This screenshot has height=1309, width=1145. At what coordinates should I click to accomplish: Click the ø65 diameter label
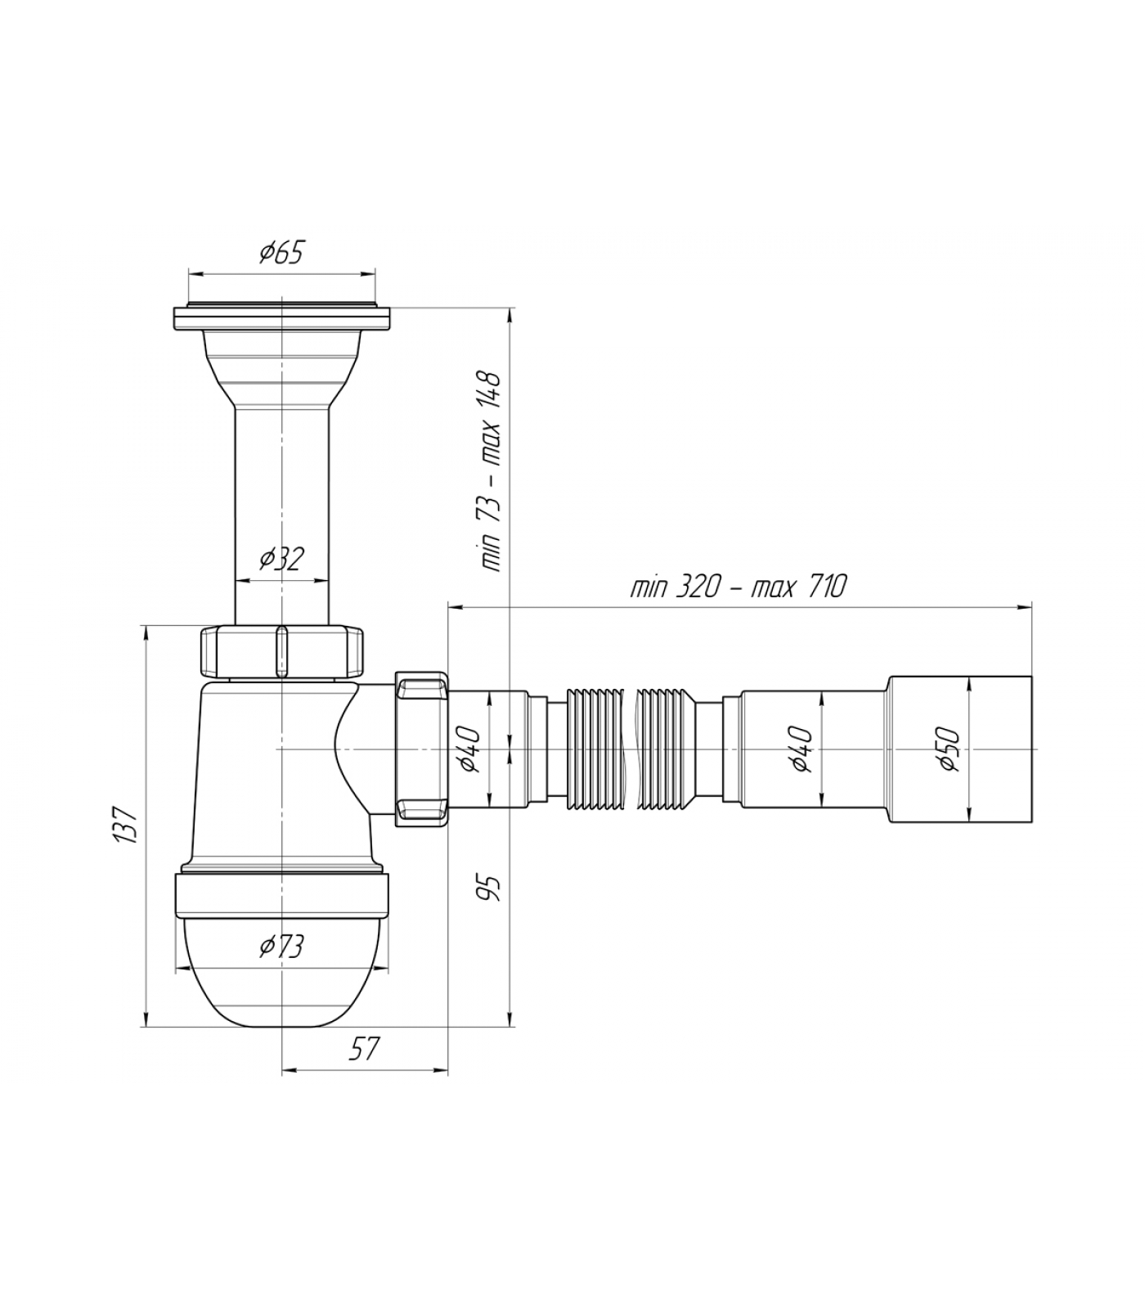[x=281, y=253]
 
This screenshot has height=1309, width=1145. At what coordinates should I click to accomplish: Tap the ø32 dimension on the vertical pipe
[x=282, y=559]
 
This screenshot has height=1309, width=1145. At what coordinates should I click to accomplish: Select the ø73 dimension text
[x=281, y=947]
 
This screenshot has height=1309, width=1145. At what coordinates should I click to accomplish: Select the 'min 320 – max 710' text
[x=739, y=587]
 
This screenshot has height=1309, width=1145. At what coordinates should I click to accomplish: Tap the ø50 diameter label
[x=949, y=749]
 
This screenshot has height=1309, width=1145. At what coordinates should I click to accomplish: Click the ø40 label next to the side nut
[x=470, y=749]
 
